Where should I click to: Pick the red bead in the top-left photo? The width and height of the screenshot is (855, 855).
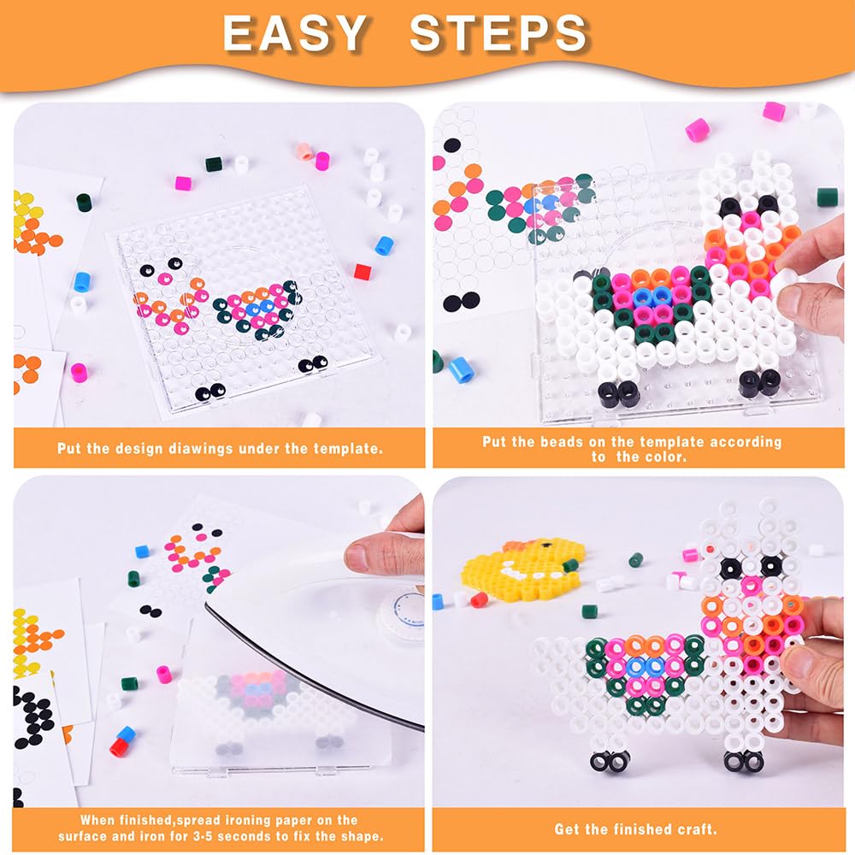point(363,271)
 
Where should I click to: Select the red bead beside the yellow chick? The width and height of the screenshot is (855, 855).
point(479,599)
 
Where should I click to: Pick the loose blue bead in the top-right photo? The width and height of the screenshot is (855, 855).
point(460,369)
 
